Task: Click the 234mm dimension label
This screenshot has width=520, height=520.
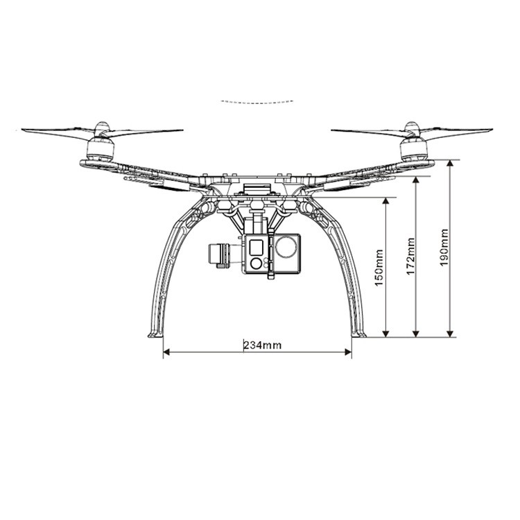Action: tap(262, 345)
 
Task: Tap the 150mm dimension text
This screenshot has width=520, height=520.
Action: tap(379, 268)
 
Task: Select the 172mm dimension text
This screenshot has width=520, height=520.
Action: tap(410, 256)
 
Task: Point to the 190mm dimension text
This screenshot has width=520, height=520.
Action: tap(444, 248)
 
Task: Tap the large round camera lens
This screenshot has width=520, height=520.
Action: tap(286, 246)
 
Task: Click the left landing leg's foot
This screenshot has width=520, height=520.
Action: tap(155, 335)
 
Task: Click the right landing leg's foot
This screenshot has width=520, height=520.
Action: tap(359, 335)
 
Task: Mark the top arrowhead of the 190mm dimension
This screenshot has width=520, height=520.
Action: tap(450, 163)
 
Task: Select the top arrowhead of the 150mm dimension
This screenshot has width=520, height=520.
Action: tap(385, 200)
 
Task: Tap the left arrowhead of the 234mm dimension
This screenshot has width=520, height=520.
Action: tap(166, 352)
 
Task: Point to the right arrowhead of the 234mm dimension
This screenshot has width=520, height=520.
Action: tap(348, 352)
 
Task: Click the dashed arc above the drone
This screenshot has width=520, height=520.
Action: tap(257, 102)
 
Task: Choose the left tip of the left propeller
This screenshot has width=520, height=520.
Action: tap(22, 130)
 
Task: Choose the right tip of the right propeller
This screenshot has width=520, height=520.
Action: tap(492, 130)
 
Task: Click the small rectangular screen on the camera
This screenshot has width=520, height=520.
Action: tap(256, 247)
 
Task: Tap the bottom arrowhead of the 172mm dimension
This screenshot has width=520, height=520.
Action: tap(416, 334)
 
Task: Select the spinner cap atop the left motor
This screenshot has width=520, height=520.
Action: tap(103, 127)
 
